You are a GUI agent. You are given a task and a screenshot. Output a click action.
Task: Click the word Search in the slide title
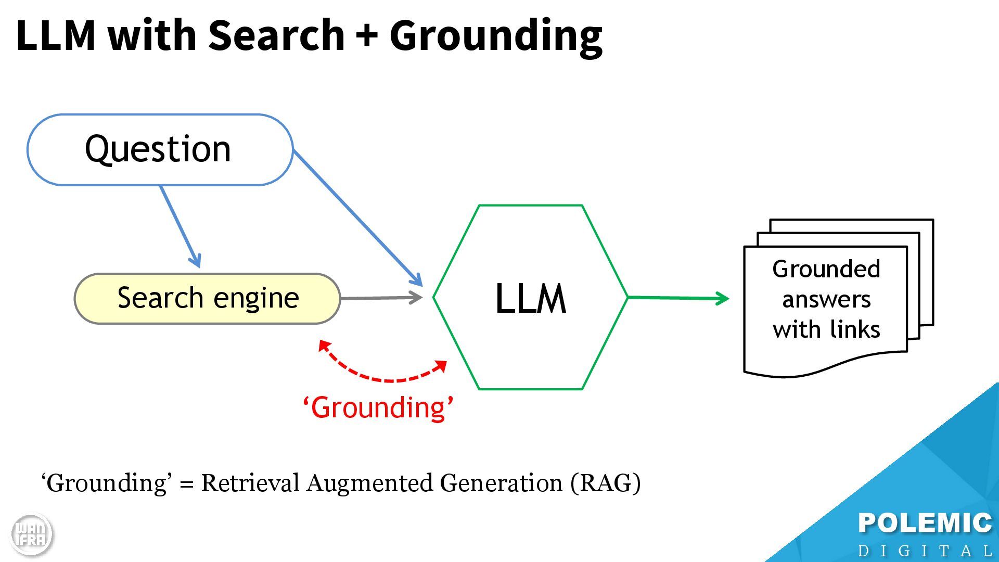click(x=276, y=35)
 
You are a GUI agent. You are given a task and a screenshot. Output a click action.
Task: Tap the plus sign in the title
click(x=367, y=35)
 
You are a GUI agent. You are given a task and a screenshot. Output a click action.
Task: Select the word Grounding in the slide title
click(x=496, y=35)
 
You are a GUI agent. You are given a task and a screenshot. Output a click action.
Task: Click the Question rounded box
click(x=159, y=150)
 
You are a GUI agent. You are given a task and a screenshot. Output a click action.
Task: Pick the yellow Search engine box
click(x=208, y=298)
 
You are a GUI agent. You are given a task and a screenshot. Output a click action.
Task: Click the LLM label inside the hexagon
click(x=530, y=299)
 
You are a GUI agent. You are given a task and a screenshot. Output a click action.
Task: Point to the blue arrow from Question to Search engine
click(x=180, y=227)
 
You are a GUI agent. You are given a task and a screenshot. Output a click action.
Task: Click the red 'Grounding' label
click(x=378, y=407)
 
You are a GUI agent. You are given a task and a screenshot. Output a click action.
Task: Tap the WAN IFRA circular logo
click(x=31, y=534)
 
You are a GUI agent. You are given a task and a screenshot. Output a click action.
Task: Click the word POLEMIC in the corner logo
click(x=925, y=523)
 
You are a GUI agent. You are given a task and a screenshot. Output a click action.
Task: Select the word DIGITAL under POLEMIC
click(x=925, y=551)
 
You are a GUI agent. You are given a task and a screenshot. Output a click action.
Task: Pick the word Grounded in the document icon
click(x=826, y=269)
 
